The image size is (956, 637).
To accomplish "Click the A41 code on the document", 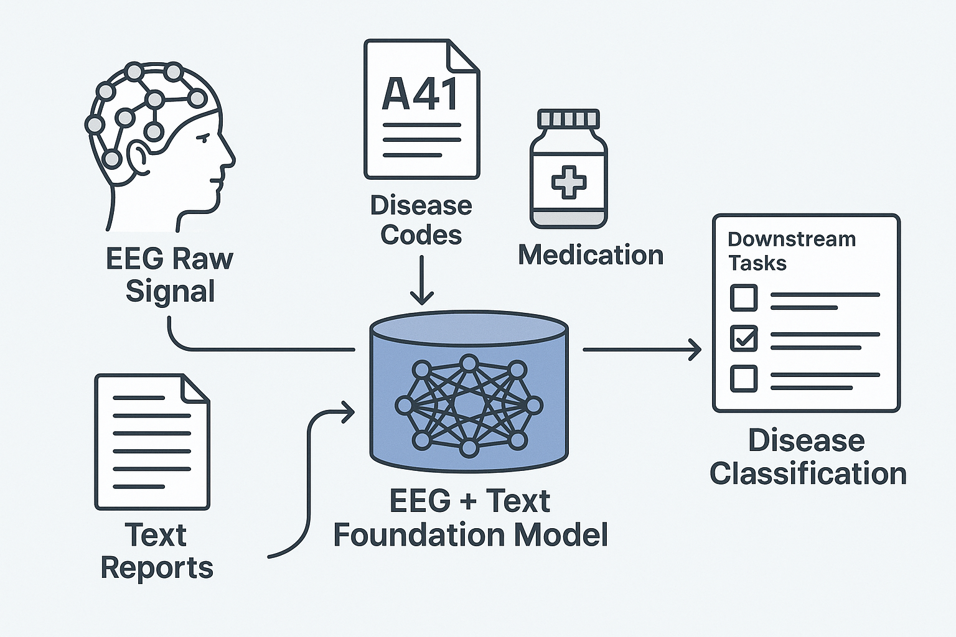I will [421, 95].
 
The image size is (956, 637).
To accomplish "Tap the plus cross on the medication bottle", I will [569, 182].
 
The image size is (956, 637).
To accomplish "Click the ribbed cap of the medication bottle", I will [568, 118].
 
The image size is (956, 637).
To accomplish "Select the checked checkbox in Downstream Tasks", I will [744, 338].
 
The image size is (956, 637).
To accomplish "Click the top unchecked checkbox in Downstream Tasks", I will [744, 297].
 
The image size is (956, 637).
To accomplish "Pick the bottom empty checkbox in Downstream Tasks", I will [744, 378].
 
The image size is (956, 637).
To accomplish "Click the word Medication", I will [591, 255].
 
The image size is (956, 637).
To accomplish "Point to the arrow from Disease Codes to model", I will [422, 280].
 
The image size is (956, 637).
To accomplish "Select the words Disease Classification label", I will [807, 457].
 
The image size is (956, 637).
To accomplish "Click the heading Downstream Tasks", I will [791, 251].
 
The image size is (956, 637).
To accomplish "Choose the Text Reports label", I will [156, 551].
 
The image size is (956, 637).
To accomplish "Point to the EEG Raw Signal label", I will [169, 274].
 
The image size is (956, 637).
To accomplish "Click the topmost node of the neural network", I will [469, 363].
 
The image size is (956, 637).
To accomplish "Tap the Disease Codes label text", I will [421, 220].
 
